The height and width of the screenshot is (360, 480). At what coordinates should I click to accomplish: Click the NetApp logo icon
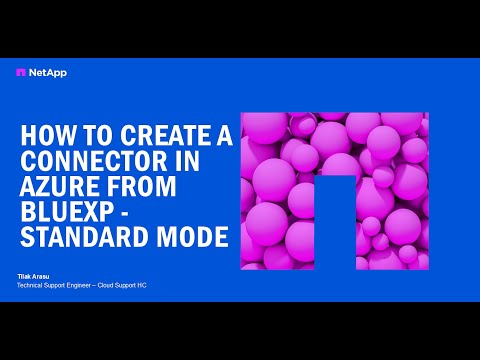tap(21, 72)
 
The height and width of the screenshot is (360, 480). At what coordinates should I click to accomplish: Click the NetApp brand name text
tap(41, 72)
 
